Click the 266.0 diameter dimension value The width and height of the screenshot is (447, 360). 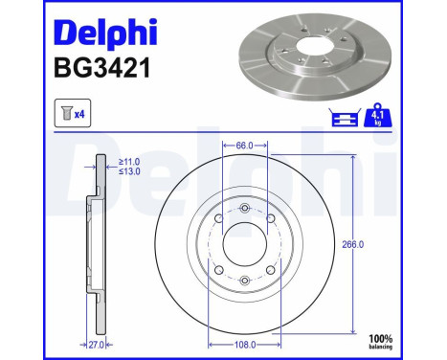353,244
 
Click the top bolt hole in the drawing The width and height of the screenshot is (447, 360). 244,209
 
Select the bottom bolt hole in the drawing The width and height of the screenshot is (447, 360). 244,280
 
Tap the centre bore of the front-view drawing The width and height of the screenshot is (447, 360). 244,244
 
